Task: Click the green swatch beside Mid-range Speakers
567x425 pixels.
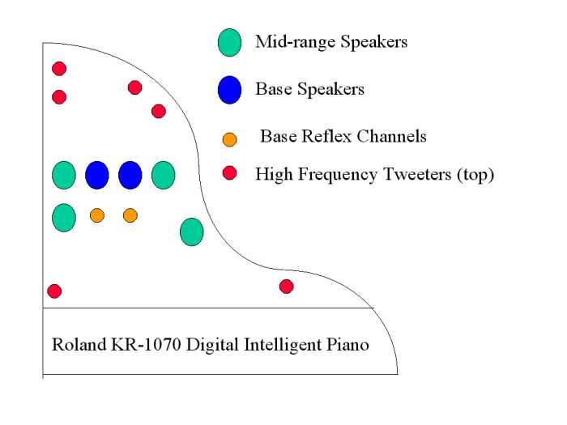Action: click(x=229, y=43)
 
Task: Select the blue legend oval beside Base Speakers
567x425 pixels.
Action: click(x=229, y=90)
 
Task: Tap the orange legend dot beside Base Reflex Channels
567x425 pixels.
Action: click(x=229, y=139)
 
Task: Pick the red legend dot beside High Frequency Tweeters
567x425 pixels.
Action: click(x=229, y=173)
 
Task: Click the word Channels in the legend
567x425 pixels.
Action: click(x=391, y=137)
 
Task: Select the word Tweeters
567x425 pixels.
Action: click(x=417, y=174)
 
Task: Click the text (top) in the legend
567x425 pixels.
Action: click(x=475, y=175)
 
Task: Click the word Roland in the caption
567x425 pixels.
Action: click(x=79, y=344)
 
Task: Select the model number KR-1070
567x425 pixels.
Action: click(x=146, y=344)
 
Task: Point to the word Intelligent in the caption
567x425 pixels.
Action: click(x=283, y=345)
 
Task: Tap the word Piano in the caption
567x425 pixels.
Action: click(x=347, y=344)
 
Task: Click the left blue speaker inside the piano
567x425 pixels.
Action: click(x=97, y=175)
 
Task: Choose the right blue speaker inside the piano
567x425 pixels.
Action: click(x=130, y=175)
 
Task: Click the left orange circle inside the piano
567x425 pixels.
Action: click(x=97, y=215)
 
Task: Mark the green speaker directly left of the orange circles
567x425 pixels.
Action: click(x=64, y=218)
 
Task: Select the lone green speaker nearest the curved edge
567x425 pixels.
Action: click(x=192, y=232)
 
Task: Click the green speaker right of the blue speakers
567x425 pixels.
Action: click(x=164, y=175)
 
